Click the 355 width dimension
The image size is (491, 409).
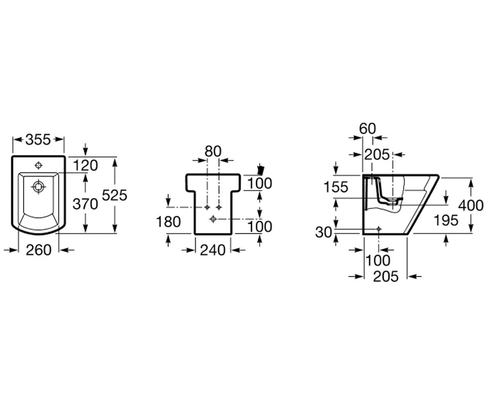click(x=38, y=139)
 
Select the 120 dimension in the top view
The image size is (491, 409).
click(x=86, y=165)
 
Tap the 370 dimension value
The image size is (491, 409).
click(x=85, y=204)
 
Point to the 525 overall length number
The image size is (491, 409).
click(x=115, y=195)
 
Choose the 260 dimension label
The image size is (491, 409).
click(x=38, y=250)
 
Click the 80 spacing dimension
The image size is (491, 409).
click(x=213, y=151)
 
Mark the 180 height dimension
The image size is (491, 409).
click(x=168, y=222)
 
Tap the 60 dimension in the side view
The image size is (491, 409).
click(x=367, y=128)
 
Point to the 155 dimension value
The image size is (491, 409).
click(x=336, y=187)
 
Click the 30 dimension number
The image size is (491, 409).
click(x=323, y=232)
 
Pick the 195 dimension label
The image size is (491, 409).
click(x=446, y=220)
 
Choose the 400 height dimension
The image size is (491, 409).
click(x=471, y=205)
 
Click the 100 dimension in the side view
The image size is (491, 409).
click(x=378, y=261)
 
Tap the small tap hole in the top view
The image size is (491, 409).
click(x=38, y=166)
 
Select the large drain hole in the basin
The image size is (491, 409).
click(x=38, y=187)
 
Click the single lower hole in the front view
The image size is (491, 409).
click(x=213, y=219)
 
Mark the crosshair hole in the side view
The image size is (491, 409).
click(x=378, y=229)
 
